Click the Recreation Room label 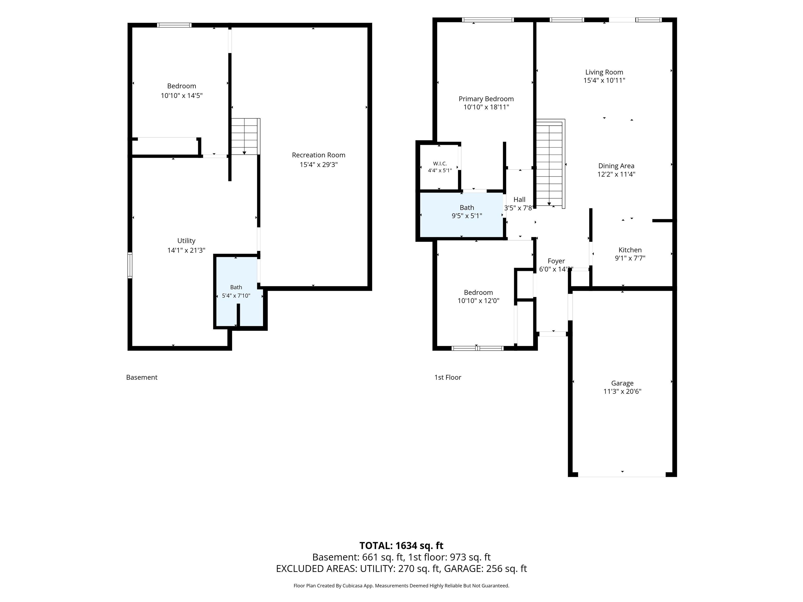coord(318,155)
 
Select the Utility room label coord(186,241)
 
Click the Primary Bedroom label coord(486,99)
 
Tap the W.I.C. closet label coord(440,164)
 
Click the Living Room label coord(604,72)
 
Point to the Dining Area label coord(616,166)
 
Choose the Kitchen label coord(630,250)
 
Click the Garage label coord(622,383)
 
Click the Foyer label coord(556,261)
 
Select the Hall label coord(519,200)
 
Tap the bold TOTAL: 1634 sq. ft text coord(401,546)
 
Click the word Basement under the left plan coord(142,377)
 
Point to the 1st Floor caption coord(448,377)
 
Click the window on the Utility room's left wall coord(130,265)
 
